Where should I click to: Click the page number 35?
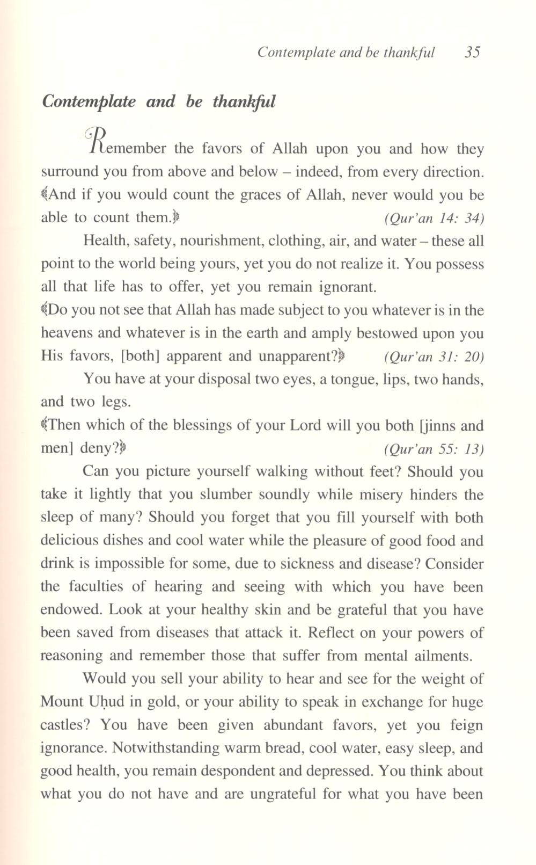pyautogui.click(x=472, y=52)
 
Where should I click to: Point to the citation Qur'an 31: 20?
pyautogui.click(x=434, y=357)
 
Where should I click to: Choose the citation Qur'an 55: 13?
pyautogui.click(x=434, y=449)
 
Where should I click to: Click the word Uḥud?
pyautogui.click(x=102, y=702)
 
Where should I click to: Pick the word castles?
pyautogui.click(x=62, y=725)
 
